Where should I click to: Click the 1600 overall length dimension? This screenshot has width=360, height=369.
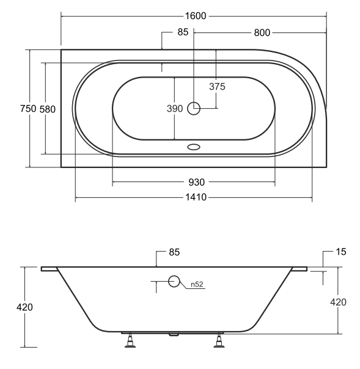(x=196, y=16)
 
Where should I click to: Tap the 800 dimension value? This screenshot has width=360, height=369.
(x=262, y=33)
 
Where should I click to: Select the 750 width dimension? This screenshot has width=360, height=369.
(x=28, y=109)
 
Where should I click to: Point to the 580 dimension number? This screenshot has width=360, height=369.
(x=47, y=109)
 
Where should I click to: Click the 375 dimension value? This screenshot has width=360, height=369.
(x=217, y=87)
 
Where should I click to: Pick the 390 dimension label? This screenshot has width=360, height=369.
(x=175, y=109)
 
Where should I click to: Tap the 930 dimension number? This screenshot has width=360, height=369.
(x=197, y=182)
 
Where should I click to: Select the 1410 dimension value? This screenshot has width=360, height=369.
(x=196, y=197)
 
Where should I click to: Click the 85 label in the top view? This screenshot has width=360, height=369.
(x=183, y=32)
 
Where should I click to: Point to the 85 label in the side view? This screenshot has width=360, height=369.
(x=174, y=252)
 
